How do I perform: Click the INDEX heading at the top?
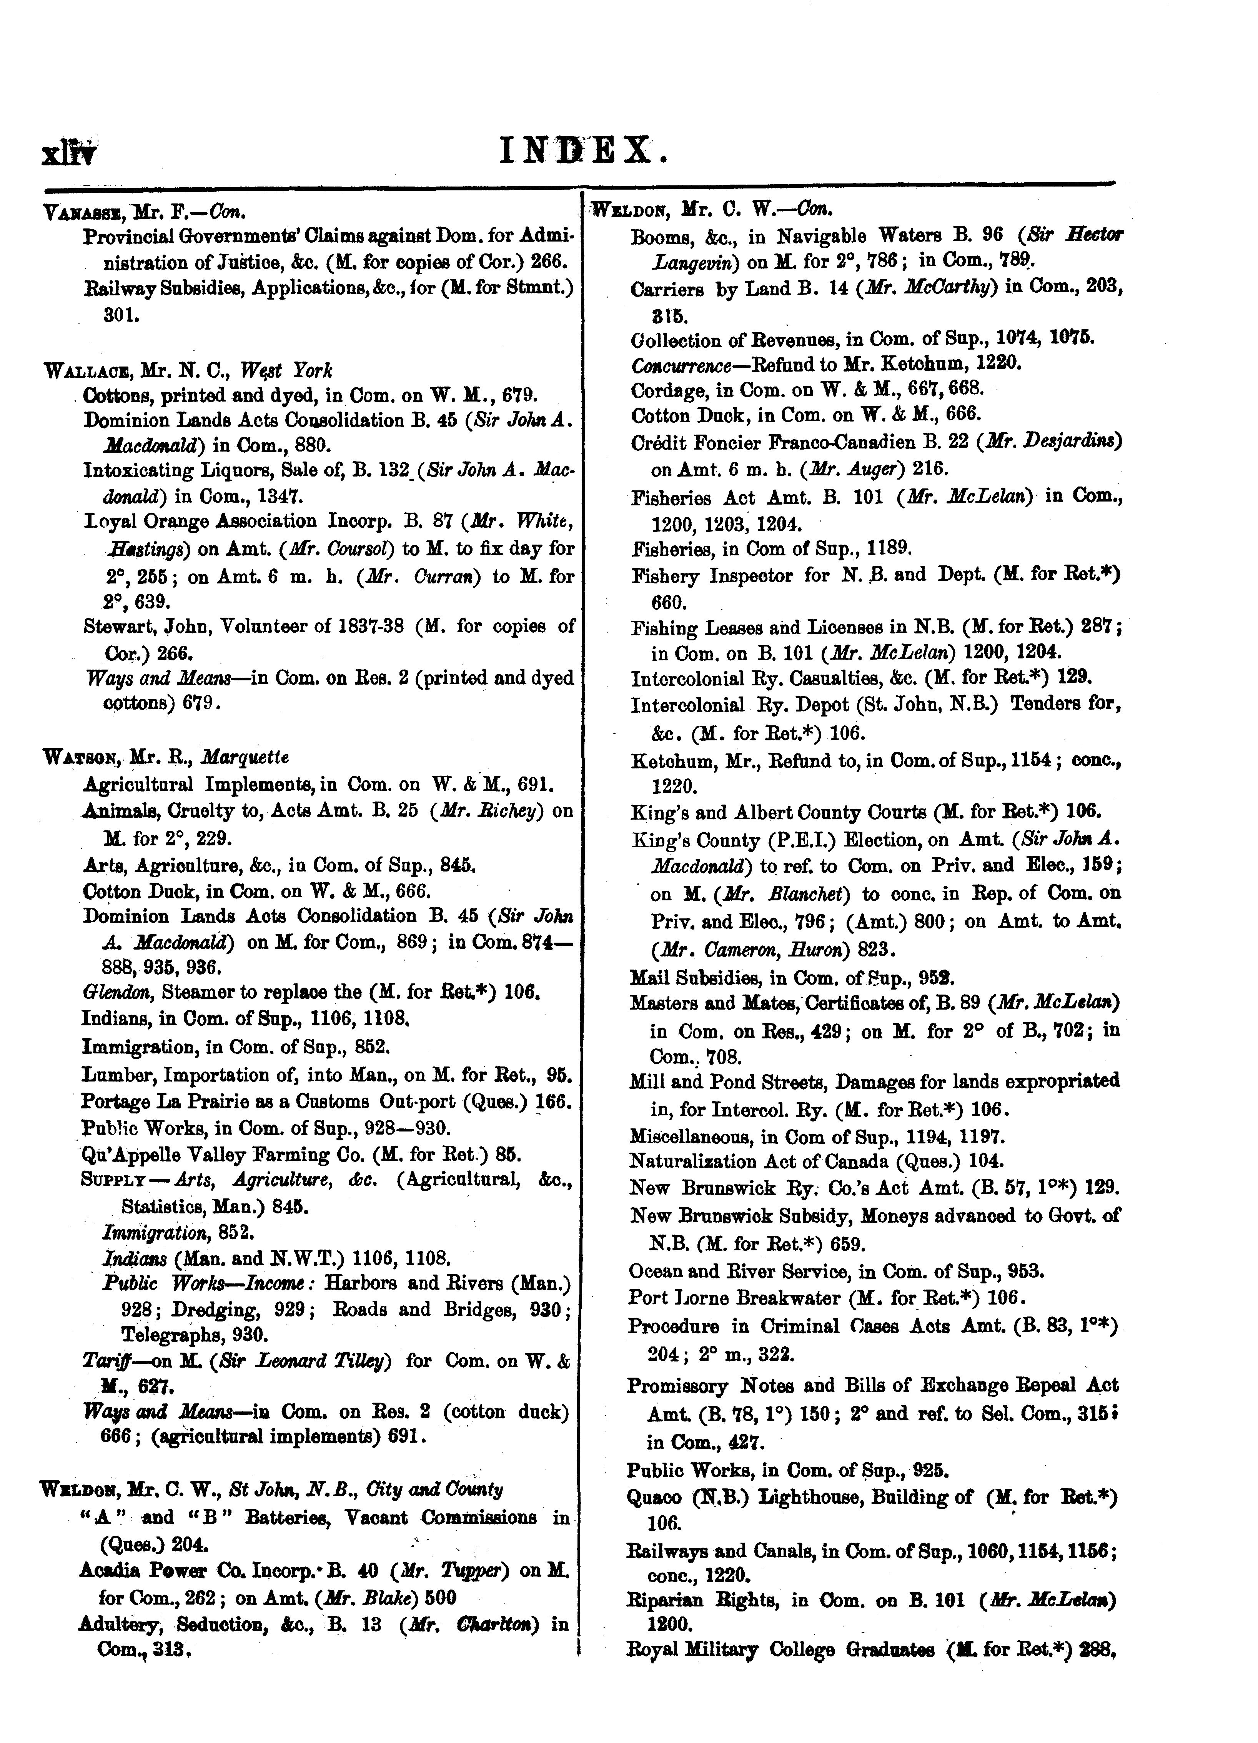pyautogui.click(x=582, y=149)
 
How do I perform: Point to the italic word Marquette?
pyautogui.click(x=245, y=757)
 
